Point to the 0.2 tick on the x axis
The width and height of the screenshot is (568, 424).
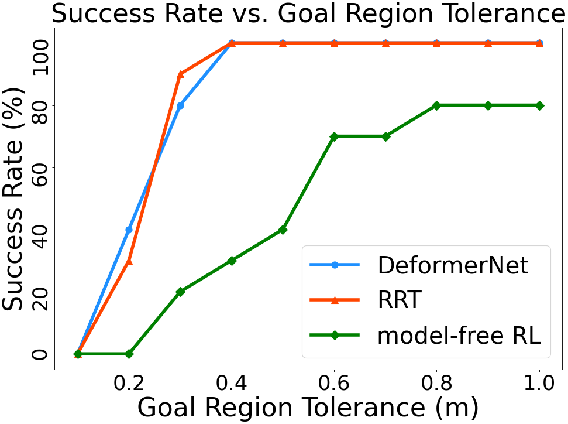tap(129, 386)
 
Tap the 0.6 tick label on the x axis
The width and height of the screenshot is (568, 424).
tap(334, 386)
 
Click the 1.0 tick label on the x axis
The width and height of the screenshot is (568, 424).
tap(539, 386)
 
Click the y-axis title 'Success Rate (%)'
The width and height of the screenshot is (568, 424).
tap(16, 199)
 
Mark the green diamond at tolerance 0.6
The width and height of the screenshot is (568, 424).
tap(334, 136)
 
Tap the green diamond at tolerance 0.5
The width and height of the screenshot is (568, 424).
tap(283, 230)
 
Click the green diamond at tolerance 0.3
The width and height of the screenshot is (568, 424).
tap(180, 292)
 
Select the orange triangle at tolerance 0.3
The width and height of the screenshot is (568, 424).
tap(180, 74)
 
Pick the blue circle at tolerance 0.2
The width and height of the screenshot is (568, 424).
tap(129, 230)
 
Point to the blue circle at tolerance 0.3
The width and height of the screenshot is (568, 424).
tap(180, 105)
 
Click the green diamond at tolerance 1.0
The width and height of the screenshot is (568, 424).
tap(539, 105)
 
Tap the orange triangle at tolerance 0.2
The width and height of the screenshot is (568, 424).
tap(129, 261)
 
